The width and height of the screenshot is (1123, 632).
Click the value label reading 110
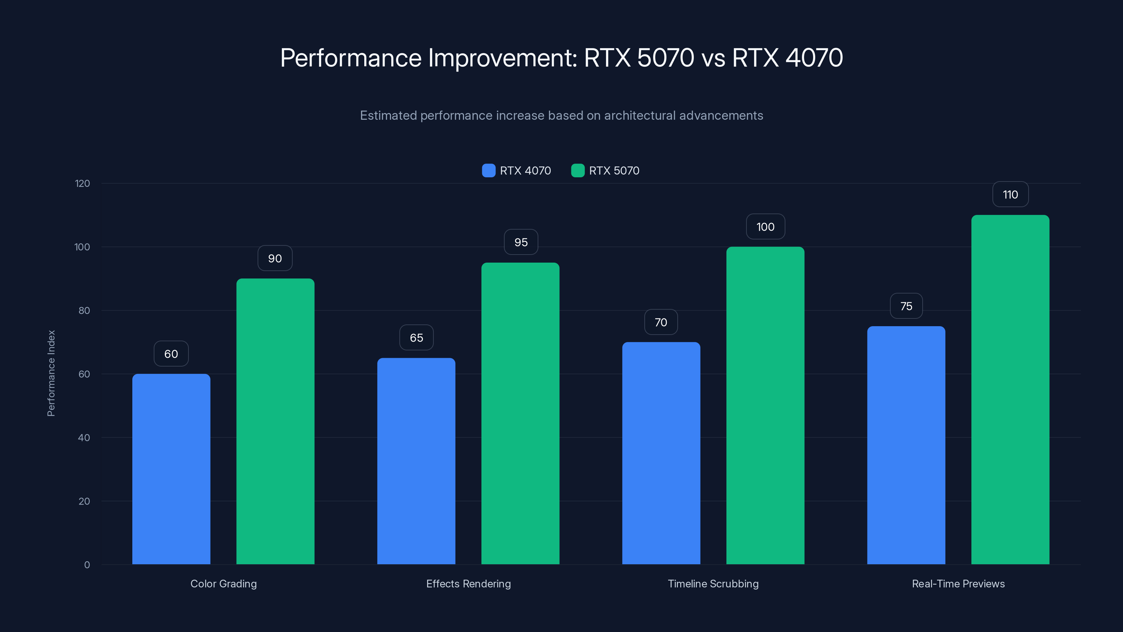pos(1010,195)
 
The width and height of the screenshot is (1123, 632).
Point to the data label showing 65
pos(416,337)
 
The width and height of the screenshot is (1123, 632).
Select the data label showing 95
pos(521,242)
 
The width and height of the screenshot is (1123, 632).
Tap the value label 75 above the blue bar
pos(906,306)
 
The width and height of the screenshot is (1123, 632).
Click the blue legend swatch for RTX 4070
pos(489,171)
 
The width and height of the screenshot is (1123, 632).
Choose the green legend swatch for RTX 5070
pos(578,171)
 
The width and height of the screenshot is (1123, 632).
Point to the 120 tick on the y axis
pos(82,184)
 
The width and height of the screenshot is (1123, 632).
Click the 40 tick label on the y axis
pos(84,437)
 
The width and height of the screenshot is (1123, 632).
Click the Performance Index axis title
pos(51,373)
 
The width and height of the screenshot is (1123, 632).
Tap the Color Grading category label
pos(224,584)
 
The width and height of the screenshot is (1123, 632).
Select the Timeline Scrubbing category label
pos(713,584)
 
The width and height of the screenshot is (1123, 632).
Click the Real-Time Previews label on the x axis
pos(958,584)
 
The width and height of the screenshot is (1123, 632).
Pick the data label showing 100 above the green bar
pos(765,227)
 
